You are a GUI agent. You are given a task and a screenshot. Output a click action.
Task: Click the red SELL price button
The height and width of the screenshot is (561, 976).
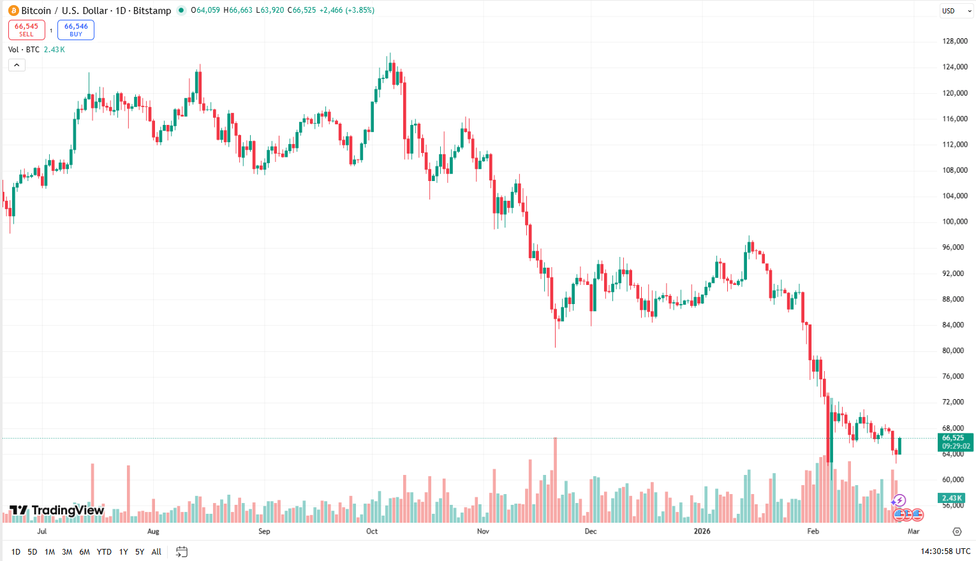[27, 30]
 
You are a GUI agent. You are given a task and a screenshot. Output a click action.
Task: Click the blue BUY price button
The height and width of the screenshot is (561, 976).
[76, 30]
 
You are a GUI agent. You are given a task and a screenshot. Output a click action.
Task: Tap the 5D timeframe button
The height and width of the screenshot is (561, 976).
[33, 552]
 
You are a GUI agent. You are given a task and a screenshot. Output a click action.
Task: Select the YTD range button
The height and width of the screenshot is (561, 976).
[104, 552]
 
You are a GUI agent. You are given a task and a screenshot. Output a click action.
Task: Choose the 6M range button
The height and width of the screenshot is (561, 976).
[84, 552]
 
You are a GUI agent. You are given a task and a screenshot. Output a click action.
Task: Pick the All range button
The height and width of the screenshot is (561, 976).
[156, 552]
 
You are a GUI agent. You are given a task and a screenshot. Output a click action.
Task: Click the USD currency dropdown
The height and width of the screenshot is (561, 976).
[956, 11]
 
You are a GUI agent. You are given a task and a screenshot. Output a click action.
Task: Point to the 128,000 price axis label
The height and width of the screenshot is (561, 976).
[955, 41]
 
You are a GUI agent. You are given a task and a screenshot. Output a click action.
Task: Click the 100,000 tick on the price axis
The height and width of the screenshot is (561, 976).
[955, 222]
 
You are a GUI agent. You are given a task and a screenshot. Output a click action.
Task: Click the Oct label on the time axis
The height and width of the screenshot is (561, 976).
[372, 532]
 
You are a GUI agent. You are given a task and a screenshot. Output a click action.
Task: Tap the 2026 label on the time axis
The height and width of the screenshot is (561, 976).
[702, 532]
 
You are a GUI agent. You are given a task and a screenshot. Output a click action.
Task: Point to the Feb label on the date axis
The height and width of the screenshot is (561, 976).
[813, 532]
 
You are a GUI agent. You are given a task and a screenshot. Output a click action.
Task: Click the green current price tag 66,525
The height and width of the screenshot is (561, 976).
[955, 442]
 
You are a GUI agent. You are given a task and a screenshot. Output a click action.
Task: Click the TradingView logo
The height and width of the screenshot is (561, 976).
[57, 511]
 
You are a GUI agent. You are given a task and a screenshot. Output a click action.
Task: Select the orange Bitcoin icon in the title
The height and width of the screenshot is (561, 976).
[13, 11]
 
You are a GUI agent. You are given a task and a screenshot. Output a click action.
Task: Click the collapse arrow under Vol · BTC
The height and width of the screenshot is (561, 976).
[17, 65]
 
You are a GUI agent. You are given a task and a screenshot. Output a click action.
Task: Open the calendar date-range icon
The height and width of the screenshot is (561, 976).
[182, 552]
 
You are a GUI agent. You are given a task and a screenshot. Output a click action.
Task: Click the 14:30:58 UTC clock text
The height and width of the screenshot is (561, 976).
[945, 551]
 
